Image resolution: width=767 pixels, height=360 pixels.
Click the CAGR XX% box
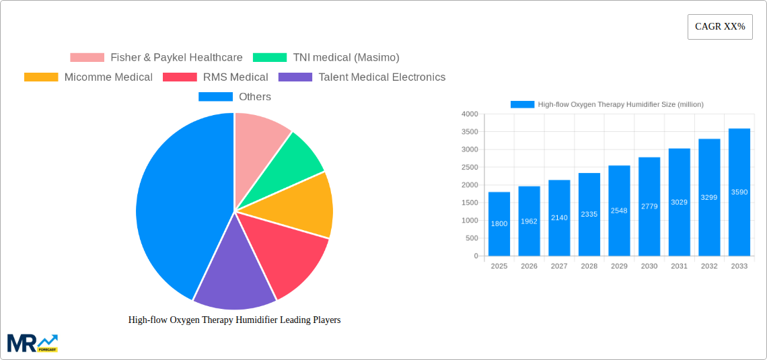point(719,27)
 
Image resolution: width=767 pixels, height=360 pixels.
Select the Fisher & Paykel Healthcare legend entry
point(156,58)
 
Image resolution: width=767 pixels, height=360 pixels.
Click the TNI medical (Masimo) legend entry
point(326,58)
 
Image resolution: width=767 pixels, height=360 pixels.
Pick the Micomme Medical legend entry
point(88,77)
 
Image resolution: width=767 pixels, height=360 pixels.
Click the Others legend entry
point(235,97)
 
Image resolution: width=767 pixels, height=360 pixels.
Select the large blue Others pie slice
point(175,202)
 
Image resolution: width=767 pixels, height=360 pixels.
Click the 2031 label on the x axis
point(679,266)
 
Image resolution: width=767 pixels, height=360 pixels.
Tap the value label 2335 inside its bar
point(589,215)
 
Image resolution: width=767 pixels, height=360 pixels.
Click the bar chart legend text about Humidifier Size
point(620,104)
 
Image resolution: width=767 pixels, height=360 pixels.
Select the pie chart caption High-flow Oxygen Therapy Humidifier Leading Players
point(234,320)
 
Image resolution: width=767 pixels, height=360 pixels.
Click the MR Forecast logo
point(32,343)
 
